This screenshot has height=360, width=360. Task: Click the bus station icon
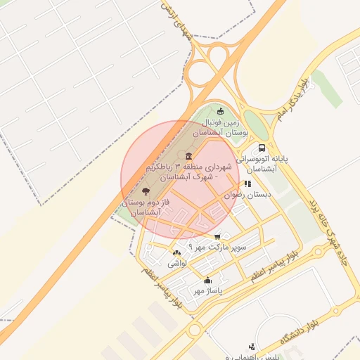tap(262, 148)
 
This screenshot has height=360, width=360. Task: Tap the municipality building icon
tap(188, 156)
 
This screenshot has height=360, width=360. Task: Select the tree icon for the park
tap(146, 191)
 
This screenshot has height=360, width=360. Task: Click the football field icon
tap(220, 110)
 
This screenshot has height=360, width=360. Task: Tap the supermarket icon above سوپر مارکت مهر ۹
tap(217, 236)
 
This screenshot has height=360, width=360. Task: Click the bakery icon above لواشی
tap(176, 253)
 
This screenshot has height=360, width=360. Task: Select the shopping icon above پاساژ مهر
tap(207, 280)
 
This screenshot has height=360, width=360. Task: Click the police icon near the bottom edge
tap(252, 346)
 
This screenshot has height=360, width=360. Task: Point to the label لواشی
tap(176, 264)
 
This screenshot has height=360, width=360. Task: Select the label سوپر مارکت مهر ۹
tap(218, 247)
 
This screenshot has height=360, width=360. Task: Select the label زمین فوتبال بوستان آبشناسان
tap(220, 127)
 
